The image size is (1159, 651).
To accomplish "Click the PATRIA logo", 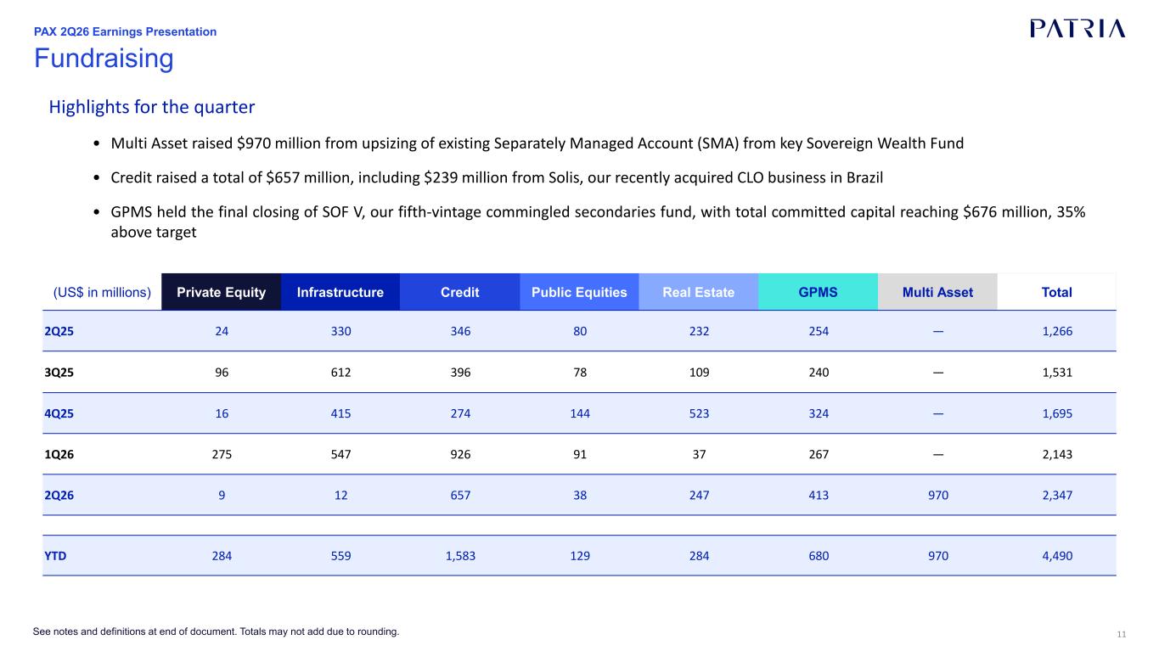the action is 1077,29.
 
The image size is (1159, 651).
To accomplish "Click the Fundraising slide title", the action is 104,58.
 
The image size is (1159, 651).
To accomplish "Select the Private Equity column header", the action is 221,292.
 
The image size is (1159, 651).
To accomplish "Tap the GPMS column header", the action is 818,292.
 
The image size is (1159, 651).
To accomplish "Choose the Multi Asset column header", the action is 937,292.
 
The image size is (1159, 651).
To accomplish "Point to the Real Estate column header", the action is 699,292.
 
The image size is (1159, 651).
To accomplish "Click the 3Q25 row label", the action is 59,373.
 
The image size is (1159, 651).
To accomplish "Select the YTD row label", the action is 55,556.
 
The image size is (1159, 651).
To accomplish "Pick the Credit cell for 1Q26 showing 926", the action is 460,454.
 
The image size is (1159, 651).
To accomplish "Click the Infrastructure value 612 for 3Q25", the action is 340,373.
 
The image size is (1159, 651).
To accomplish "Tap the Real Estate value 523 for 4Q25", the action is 699,413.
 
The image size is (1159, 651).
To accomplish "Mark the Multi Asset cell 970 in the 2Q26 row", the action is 938,496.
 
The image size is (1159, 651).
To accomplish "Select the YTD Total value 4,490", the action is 1057,556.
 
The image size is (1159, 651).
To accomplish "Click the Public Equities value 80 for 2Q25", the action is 579,332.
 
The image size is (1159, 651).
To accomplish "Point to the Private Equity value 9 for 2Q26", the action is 222,496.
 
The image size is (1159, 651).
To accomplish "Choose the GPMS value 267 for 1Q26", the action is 819,454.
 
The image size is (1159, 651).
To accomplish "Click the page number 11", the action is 1122,635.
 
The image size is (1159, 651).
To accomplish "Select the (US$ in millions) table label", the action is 102,292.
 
